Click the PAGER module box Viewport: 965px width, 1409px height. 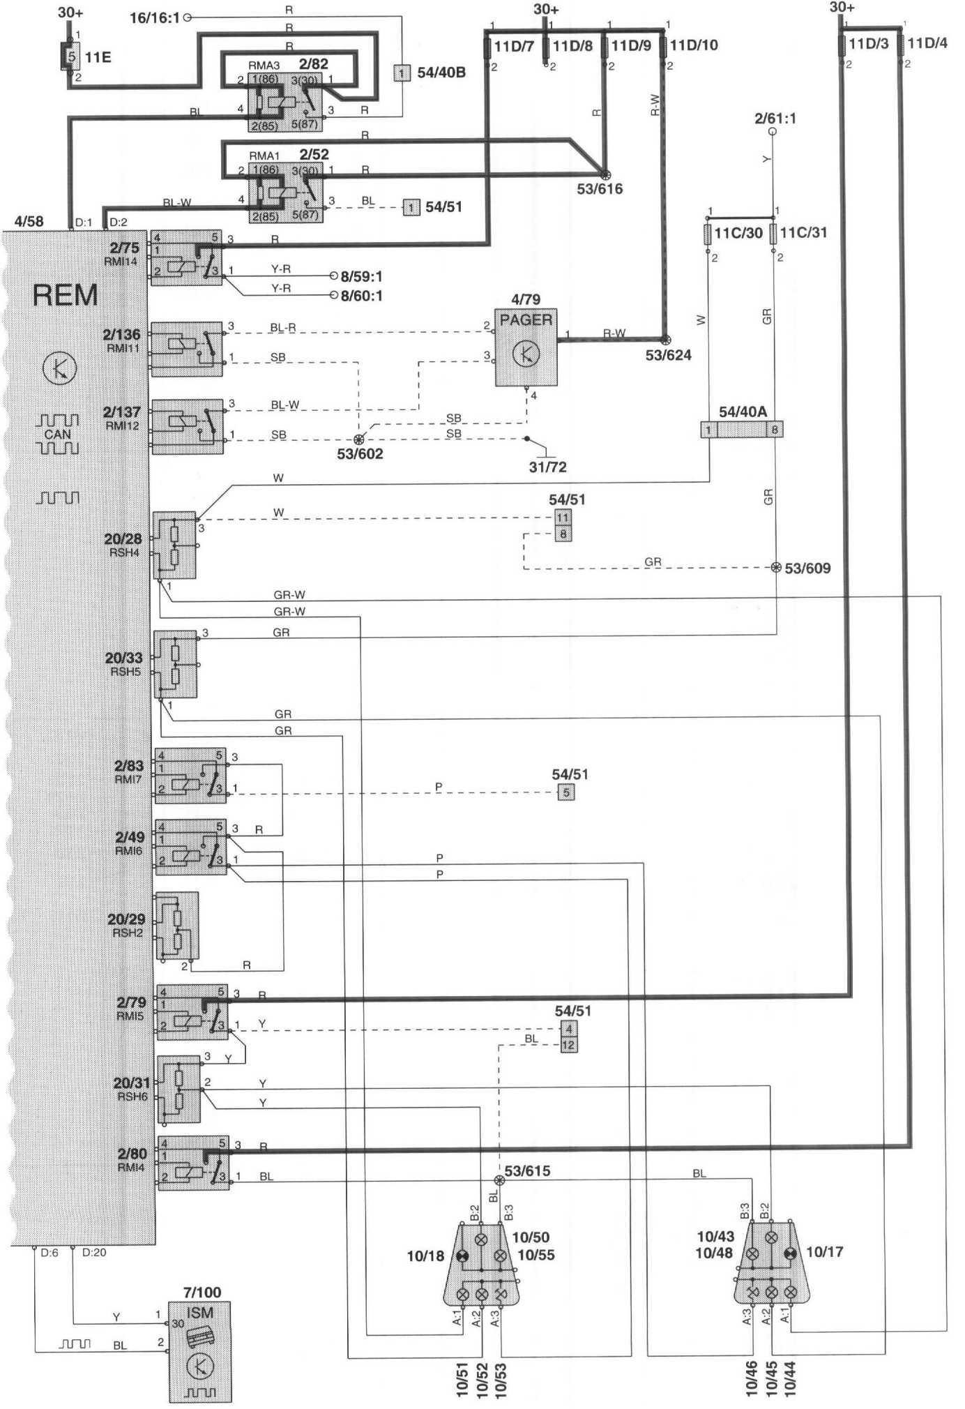[x=526, y=347]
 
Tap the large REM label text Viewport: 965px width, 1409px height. [x=66, y=295]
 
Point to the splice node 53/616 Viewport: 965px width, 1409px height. [x=605, y=174]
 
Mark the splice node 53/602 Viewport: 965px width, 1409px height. [x=359, y=440]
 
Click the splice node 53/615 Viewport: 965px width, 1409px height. [x=499, y=1180]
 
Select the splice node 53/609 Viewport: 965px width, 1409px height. [x=776, y=568]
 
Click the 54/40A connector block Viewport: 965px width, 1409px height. [x=742, y=429]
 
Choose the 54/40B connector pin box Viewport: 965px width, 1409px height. [x=402, y=72]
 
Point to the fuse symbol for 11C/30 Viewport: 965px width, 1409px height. [x=709, y=233]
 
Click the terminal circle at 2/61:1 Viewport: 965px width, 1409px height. [x=773, y=133]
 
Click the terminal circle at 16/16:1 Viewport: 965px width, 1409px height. [x=187, y=17]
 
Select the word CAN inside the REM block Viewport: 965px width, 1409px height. [x=58, y=434]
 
